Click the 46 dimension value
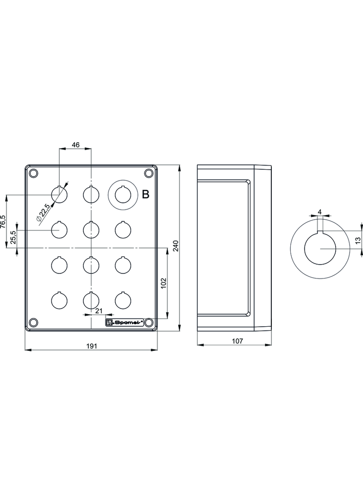[x=75, y=145]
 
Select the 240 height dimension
[x=176, y=246]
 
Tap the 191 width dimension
[x=91, y=346]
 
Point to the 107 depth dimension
[x=238, y=341]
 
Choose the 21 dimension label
[x=99, y=311]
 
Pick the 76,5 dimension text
[x=3, y=221]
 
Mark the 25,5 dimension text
[x=13, y=237]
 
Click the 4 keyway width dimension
[x=320, y=212]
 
